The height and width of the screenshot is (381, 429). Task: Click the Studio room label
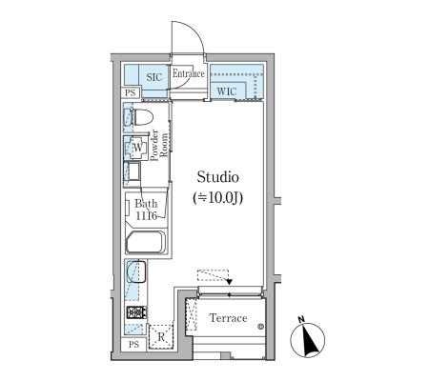(x=217, y=177)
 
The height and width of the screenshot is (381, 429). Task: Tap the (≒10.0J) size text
(x=218, y=198)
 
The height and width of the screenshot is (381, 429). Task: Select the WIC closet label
(x=227, y=91)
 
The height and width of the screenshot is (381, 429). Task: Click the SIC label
(x=154, y=77)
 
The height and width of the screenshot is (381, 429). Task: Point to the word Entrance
(x=189, y=73)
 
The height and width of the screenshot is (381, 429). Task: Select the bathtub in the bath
(x=146, y=242)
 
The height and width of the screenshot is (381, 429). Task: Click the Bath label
(x=146, y=203)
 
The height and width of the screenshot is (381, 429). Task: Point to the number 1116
(x=146, y=216)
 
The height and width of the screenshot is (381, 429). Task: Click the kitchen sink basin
(x=136, y=271)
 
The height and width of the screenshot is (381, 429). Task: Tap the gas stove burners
(x=136, y=312)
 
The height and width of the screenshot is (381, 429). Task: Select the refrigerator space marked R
(x=161, y=337)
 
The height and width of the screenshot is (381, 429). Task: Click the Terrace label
(x=228, y=318)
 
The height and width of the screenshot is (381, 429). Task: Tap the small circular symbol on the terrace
(x=260, y=326)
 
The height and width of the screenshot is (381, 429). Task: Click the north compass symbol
(x=308, y=340)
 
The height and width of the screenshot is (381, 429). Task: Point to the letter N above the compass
(x=301, y=319)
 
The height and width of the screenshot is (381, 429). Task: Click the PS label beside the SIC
(x=131, y=92)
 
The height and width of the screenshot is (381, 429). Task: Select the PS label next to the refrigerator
(x=133, y=345)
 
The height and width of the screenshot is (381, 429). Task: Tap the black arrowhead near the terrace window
(x=230, y=281)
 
